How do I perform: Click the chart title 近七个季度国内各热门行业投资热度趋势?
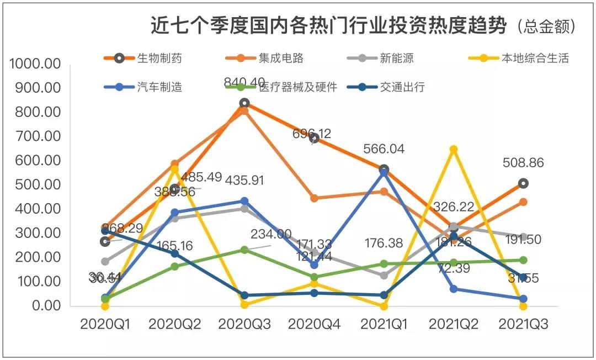point(329,26)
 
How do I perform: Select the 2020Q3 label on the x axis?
point(244,325)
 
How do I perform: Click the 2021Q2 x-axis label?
point(454,325)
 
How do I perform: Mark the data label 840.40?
point(244,83)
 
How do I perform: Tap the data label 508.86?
point(523,163)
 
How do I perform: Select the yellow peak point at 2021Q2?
point(454,149)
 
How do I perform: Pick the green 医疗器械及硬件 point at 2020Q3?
point(244,250)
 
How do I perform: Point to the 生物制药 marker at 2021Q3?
point(523,183)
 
